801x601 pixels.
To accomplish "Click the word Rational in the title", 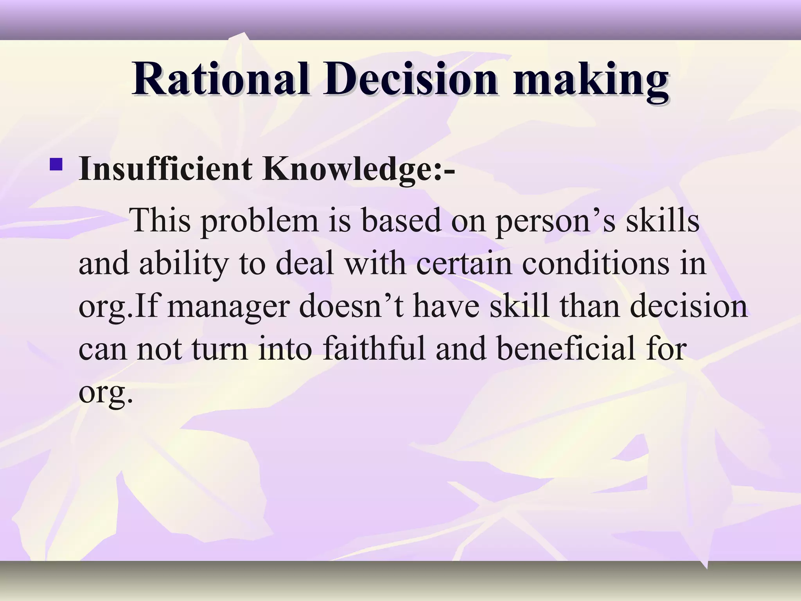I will tap(220, 79).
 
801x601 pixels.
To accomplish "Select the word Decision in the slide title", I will tap(410, 79).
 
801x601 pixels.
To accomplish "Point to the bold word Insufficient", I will tap(165, 169).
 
